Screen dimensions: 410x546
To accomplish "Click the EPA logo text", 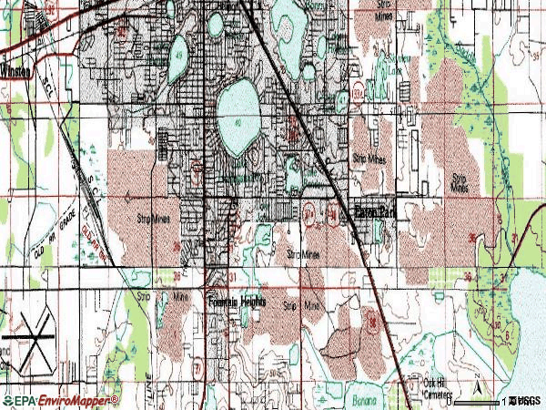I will (18, 401).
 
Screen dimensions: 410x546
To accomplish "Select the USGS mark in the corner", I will (526, 401).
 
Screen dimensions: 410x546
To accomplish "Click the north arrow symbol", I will (480, 384).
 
